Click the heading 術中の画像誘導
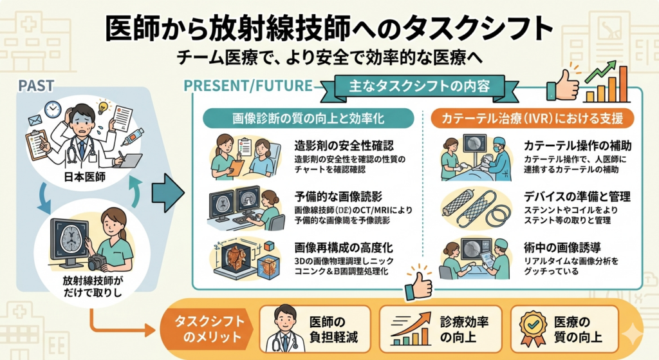(559, 246)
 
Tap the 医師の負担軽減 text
(333, 329)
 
